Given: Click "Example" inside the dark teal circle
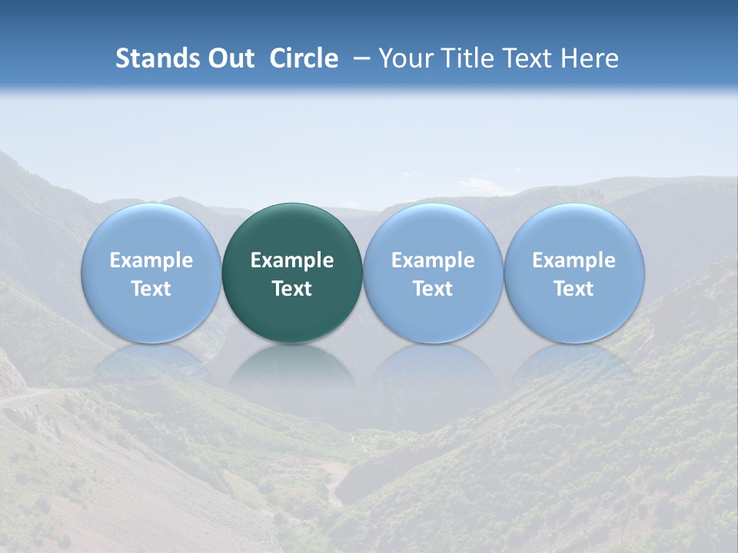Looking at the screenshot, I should point(292,260).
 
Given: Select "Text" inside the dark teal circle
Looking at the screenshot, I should point(292,289).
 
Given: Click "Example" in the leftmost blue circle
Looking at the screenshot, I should point(151,260).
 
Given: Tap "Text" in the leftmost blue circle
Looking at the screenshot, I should point(151,289).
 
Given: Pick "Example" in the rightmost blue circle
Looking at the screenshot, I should point(574,260).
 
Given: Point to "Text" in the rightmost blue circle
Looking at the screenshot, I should point(574,289).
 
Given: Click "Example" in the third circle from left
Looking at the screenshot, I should point(433,260).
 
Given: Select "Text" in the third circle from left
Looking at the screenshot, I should point(433,289).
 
